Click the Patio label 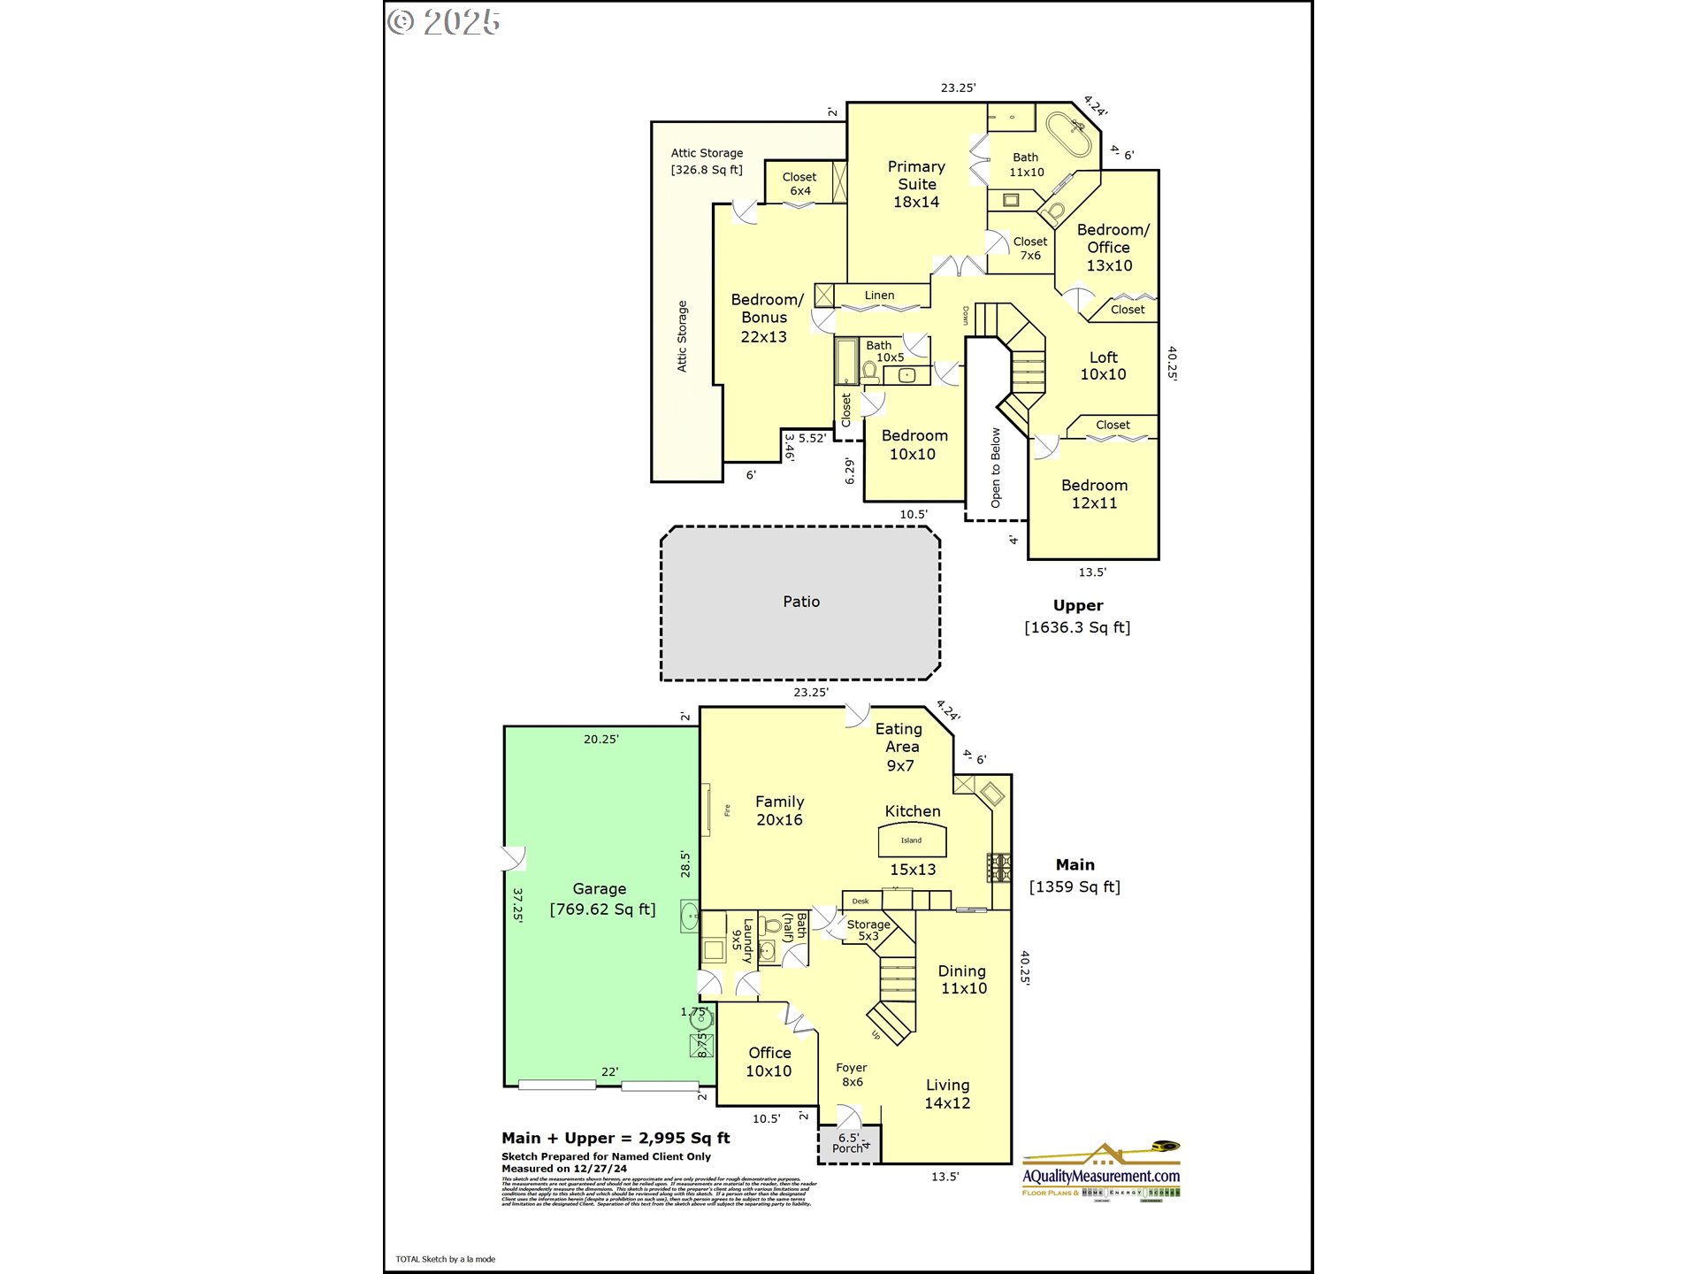pos(800,602)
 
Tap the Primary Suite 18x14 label pos(916,184)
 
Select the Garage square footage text pos(602,909)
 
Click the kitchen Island pos(912,840)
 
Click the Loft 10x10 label pos(1103,365)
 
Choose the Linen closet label pos(879,295)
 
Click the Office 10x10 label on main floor pos(769,1062)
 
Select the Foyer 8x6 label pos(852,1075)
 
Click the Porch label pos(847,1148)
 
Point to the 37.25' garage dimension pos(517,905)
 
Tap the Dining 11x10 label pos(963,979)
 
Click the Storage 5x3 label pos(868,930)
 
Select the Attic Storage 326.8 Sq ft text pos(707,161)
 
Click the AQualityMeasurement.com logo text pos(1101,1176)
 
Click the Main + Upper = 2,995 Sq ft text pos(616,1139)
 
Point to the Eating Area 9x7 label pos(900,747)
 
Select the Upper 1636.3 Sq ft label pos(1077,617)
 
